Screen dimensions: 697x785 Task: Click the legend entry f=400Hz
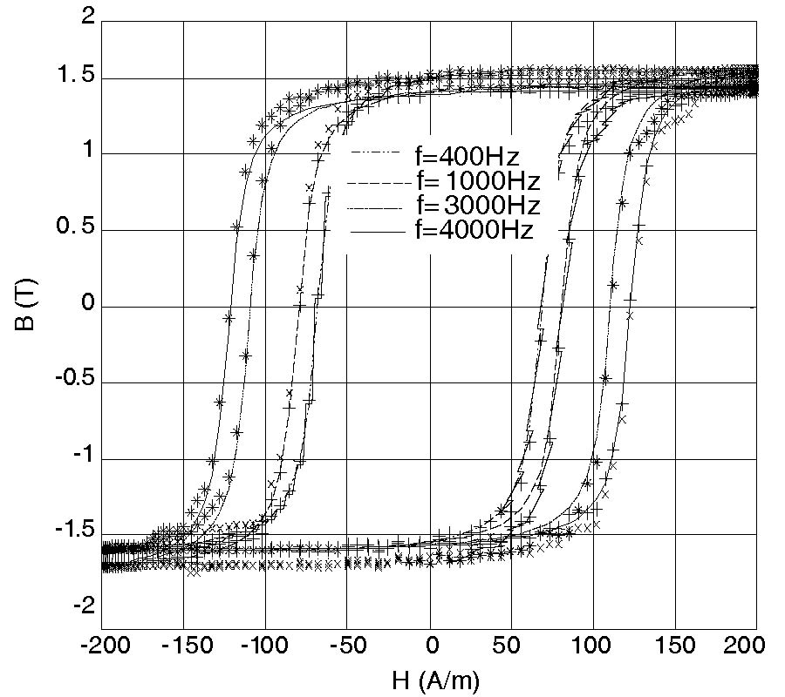[467, 158]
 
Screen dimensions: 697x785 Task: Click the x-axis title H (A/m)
[429, 680]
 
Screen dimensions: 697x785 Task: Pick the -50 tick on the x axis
[347, 646]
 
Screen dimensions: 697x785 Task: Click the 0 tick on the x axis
[430, 646]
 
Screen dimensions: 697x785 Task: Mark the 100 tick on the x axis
[594, 646]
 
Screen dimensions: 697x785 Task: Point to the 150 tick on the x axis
[676, 646]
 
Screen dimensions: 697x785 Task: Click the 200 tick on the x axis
[747, 646]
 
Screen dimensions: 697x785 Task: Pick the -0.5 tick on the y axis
[72, 383]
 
